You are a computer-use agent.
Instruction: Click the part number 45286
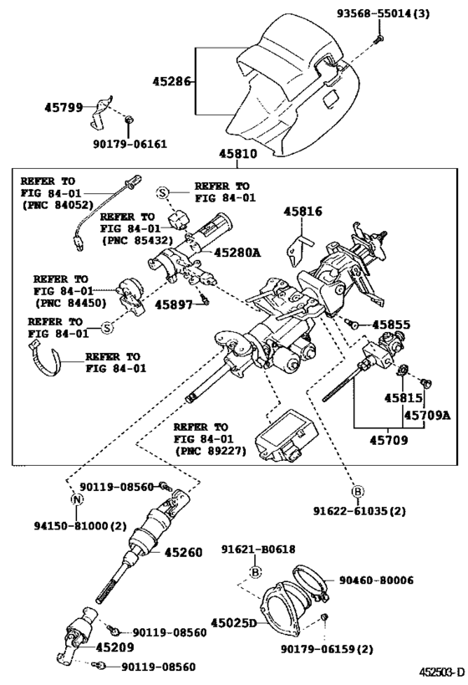[172, 82]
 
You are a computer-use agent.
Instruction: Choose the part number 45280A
[237, 252]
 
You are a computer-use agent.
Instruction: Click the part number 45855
[392, 324]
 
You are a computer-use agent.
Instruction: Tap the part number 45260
[183, 553]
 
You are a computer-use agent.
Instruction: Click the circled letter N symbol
[77, 500]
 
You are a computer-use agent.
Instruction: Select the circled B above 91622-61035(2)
[356, 491]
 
